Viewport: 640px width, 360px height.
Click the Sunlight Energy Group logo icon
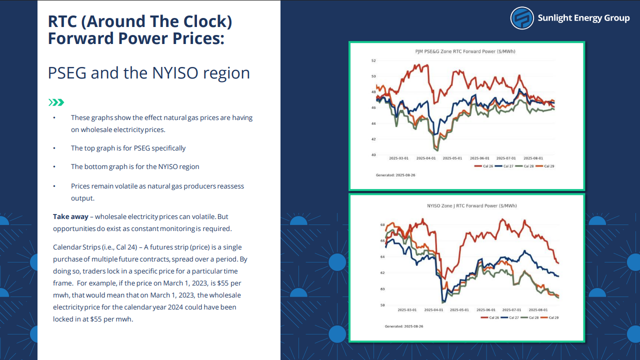522,18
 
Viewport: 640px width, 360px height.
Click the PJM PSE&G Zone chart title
465,51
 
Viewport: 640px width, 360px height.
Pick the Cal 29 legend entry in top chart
546,166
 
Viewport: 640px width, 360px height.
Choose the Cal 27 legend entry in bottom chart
511,317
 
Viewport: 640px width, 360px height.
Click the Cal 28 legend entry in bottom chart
531,317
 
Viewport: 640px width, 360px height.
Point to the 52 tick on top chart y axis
373,60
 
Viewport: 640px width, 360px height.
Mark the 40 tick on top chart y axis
373,155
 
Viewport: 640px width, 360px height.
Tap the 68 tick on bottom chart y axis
382,225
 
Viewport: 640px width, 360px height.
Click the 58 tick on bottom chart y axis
382,305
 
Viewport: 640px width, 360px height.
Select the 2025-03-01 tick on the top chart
399,158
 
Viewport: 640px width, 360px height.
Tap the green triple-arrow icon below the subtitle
56,102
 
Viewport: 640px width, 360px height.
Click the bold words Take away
70,217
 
